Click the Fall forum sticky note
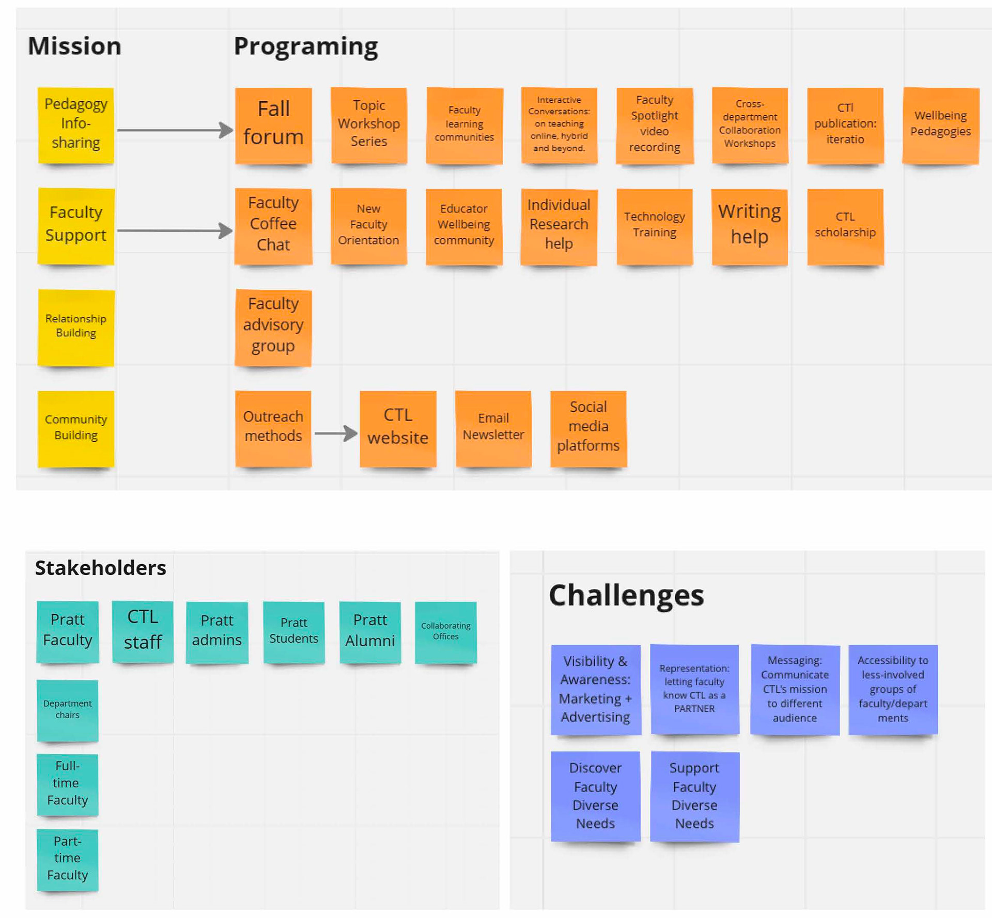tap(273, 126)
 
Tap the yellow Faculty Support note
tap(76, 226)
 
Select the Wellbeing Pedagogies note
tap(940, 126)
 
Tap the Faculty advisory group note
tap(273, 327)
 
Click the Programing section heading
tap(306, 46)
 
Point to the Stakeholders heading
tap(101, 568)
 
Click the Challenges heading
tap(626, 595)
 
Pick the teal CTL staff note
tap(143, 631)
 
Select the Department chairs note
tap(68, 710)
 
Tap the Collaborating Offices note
tap(445, 632)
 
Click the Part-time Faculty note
tap(68, 859)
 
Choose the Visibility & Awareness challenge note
tap(596, 689)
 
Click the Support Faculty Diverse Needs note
tap(694, 796)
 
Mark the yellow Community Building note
tap(76, 428)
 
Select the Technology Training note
tap(655, 226)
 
